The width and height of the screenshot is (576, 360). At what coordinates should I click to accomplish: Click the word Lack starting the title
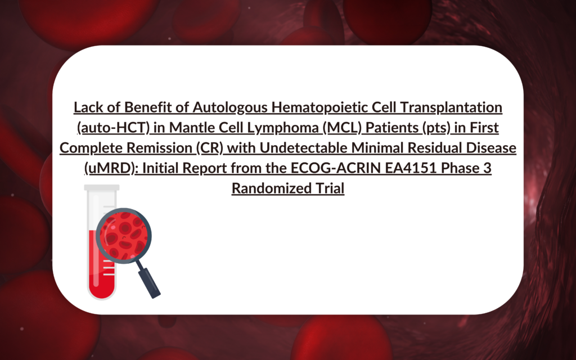[87, 106]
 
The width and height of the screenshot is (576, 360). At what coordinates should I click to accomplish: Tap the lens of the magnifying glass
[124, 235]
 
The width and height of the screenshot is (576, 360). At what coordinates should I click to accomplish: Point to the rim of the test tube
[101, 188]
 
